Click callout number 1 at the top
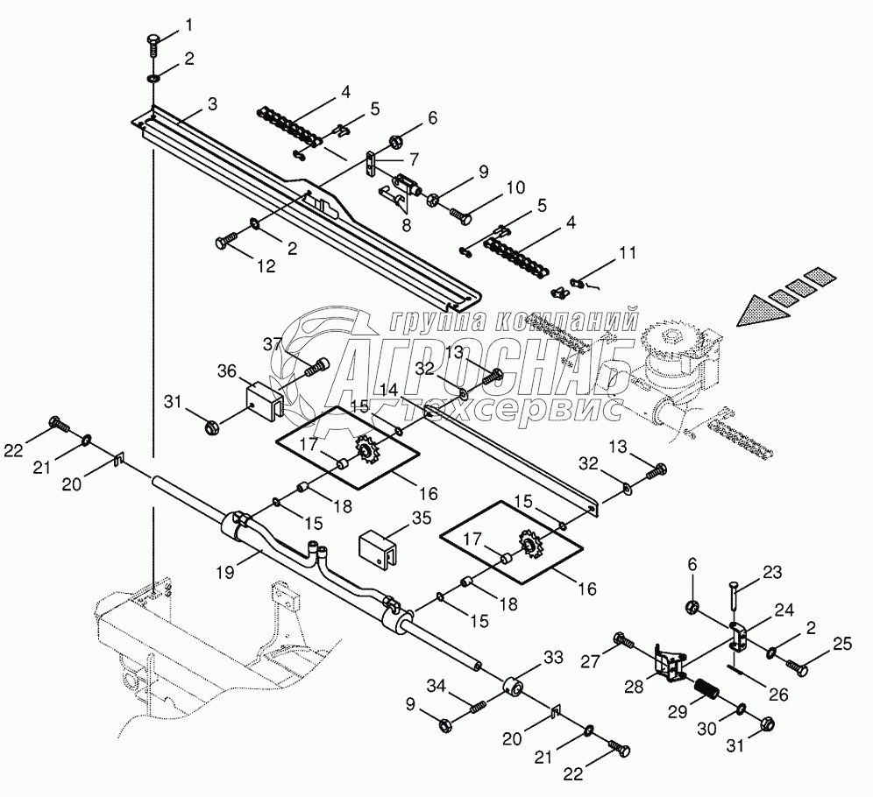(x=189, y=25)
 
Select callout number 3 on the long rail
(x=212, y=104)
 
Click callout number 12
(x=266, y=266)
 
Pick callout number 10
(x=516, y=187)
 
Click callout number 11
(x=628, y=252)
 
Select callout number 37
(x=273, y=344)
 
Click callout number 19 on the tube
(x=225, y=572)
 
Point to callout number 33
(x=553, y=658)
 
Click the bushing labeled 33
(x=513, y=687)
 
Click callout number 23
(x=773, y=572)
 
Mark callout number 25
(x=843, y=644)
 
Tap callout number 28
(x=634, y=687)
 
